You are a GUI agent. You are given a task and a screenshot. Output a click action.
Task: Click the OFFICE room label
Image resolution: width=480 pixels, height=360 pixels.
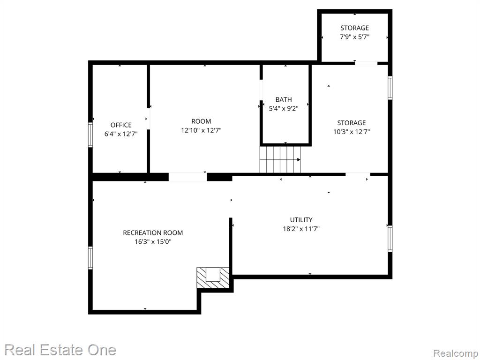(x=121, y=125)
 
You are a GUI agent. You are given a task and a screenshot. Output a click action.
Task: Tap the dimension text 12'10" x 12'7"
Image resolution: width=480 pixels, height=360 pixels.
(x=201, y=130)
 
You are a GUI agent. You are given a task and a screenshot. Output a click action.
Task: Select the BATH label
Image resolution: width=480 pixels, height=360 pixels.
(x=284, y=99)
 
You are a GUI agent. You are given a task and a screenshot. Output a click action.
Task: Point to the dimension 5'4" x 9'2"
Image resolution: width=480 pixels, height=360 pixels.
(x=284, y=108)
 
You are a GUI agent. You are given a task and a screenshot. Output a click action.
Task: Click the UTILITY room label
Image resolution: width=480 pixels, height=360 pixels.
(x=301, y=220)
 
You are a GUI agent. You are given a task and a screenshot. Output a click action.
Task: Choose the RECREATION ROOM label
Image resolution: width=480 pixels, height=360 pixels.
(x=153, y=232)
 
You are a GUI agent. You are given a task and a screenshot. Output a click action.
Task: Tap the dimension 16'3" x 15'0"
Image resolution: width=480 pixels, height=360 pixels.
(x=153, y=242)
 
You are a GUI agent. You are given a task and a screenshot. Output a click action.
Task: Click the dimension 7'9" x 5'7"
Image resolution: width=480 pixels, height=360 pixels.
(x=354, y=37)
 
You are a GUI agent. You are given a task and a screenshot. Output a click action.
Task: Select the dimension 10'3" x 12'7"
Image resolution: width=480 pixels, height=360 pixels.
(x=352, y=132)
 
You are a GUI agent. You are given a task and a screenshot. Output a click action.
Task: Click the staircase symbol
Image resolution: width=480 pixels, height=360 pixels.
(x=280, y=159)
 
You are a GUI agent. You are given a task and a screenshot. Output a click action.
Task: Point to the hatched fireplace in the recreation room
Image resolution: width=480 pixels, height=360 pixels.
(x=213, y=277)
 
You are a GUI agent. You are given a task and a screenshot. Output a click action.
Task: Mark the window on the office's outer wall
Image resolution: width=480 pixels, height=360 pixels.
(x=90, y=135)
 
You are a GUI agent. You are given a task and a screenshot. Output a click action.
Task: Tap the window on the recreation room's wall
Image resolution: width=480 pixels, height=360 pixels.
(x=90, y=258)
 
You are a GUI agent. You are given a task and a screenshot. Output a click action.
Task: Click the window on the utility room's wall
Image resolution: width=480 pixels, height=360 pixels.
(x=390, y=239)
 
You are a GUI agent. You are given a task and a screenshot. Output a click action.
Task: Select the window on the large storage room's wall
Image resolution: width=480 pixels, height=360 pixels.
(x=390, y=88)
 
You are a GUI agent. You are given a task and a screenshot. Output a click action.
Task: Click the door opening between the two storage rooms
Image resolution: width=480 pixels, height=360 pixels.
(x=366, y=63)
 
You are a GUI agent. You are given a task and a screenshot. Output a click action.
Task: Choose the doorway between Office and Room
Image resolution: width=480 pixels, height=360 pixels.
(x=148, y=119)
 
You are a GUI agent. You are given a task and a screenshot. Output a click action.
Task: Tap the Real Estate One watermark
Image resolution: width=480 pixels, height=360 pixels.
(x=60, y=350)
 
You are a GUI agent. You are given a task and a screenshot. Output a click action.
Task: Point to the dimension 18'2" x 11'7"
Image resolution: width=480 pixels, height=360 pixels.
(x=301, y=229)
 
